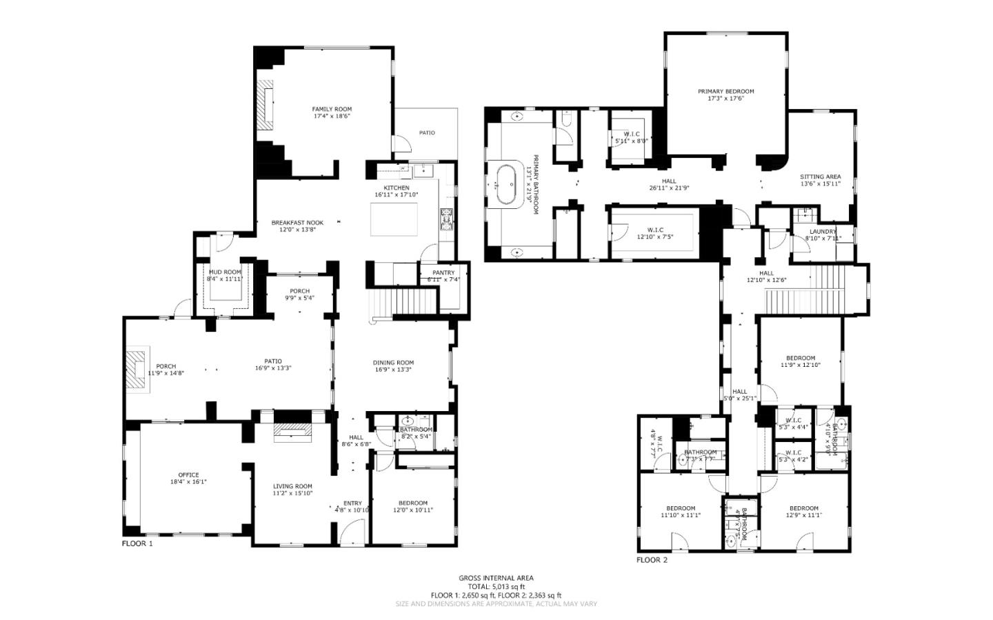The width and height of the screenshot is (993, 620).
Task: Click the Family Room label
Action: click(x=332, y=109)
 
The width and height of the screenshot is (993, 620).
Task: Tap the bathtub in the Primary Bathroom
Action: click(x=507, y=184)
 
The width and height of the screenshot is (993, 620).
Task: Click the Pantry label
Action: click(x=443, y=272)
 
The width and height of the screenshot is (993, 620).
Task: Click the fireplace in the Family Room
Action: click(x=265, y=104)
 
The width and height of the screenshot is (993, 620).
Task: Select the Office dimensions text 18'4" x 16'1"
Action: click(x=188, y=482)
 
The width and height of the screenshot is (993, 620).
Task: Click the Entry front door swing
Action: click(x=352, y=531)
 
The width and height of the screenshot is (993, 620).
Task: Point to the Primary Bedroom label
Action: click(x=725, y=91)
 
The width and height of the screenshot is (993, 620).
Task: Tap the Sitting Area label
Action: click(x=820, y=177)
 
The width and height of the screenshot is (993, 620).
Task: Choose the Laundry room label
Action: click(x=823, y=232)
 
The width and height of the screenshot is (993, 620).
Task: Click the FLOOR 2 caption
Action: click(x=652, y=560)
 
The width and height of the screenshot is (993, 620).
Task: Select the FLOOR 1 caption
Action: click(x=137, y=543)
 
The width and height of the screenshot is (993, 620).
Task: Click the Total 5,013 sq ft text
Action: click(x=496, y=586)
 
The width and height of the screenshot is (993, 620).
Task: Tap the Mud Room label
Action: click(x=225, y=272)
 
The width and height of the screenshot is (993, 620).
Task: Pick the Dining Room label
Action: click(x=393, y=363)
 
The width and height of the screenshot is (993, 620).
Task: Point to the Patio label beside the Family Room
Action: click(x=427, y=132)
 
